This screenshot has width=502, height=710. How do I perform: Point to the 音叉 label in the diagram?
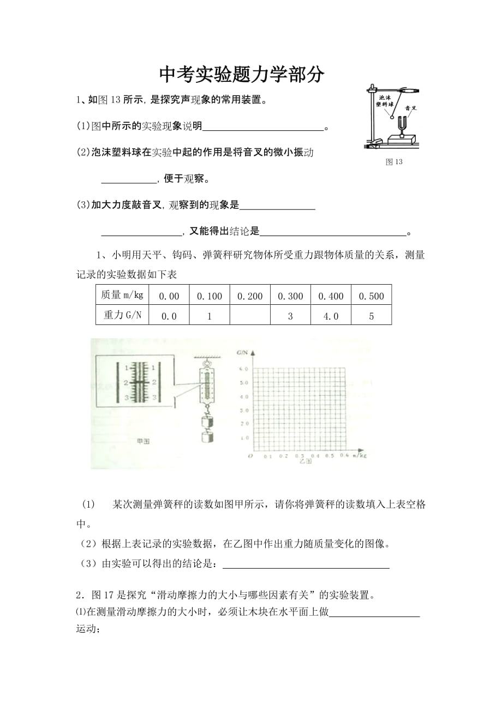pyautogui.click(x=411, y=108)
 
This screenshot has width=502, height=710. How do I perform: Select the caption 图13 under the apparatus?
pyautogui.click(x=393, y=162)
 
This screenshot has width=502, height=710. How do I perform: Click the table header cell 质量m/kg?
pyautogui.click(x=122, y=296)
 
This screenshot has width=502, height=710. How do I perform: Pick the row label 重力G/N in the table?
pyautogui.click(x=122, y=315)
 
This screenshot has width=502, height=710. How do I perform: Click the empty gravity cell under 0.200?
pyautogui.click(x=250, y=315)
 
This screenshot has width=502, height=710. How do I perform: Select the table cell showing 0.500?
pyautogui.click(x=371, y=296)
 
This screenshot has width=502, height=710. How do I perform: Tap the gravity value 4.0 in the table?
pyautogui.click(x=331, y=316)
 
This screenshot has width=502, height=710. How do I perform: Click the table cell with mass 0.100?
pyautogui.click(x=210, y=296)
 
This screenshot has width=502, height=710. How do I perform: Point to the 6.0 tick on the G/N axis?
pyautogui.click(x=244, y=369)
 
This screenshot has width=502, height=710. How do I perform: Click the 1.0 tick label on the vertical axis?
pyautogui.click(x=244, y=437)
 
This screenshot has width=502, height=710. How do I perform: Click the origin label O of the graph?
pyautogui.click(x=249, y=454)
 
